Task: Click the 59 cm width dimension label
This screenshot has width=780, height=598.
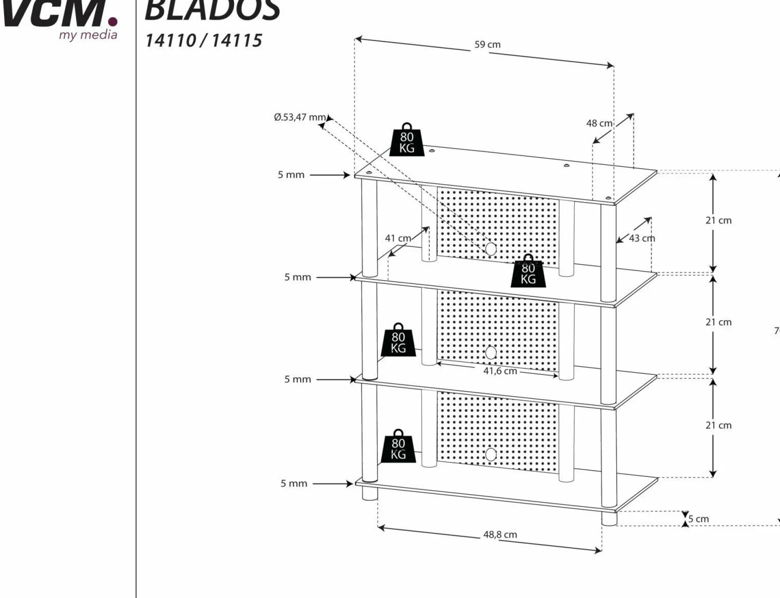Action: [487, 44]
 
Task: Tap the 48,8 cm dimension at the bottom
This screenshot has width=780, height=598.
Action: [500, 535]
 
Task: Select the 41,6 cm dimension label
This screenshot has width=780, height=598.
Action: [500, 371]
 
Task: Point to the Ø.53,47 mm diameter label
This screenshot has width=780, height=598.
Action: [300, 117]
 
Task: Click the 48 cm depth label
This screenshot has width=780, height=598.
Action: [599, 123]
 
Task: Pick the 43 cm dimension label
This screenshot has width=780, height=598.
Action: [642, 238]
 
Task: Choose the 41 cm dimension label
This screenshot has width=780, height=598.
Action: [398, 238]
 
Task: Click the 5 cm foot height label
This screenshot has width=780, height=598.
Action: [699, 519]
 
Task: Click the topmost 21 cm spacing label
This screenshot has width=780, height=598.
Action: [718, 220]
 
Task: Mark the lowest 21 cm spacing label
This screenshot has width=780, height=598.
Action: [718, 425]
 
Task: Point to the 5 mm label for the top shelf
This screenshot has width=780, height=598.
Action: [291, 175]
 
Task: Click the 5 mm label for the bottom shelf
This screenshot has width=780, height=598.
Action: [294, 483]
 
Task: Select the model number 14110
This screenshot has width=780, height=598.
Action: [171, 41]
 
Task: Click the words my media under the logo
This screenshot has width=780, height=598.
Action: [88, 35]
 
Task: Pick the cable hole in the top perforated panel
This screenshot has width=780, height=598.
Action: [491, 249]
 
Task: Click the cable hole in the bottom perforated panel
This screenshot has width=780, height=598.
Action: [491, 454]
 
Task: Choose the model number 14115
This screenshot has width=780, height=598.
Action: [237, 41]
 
